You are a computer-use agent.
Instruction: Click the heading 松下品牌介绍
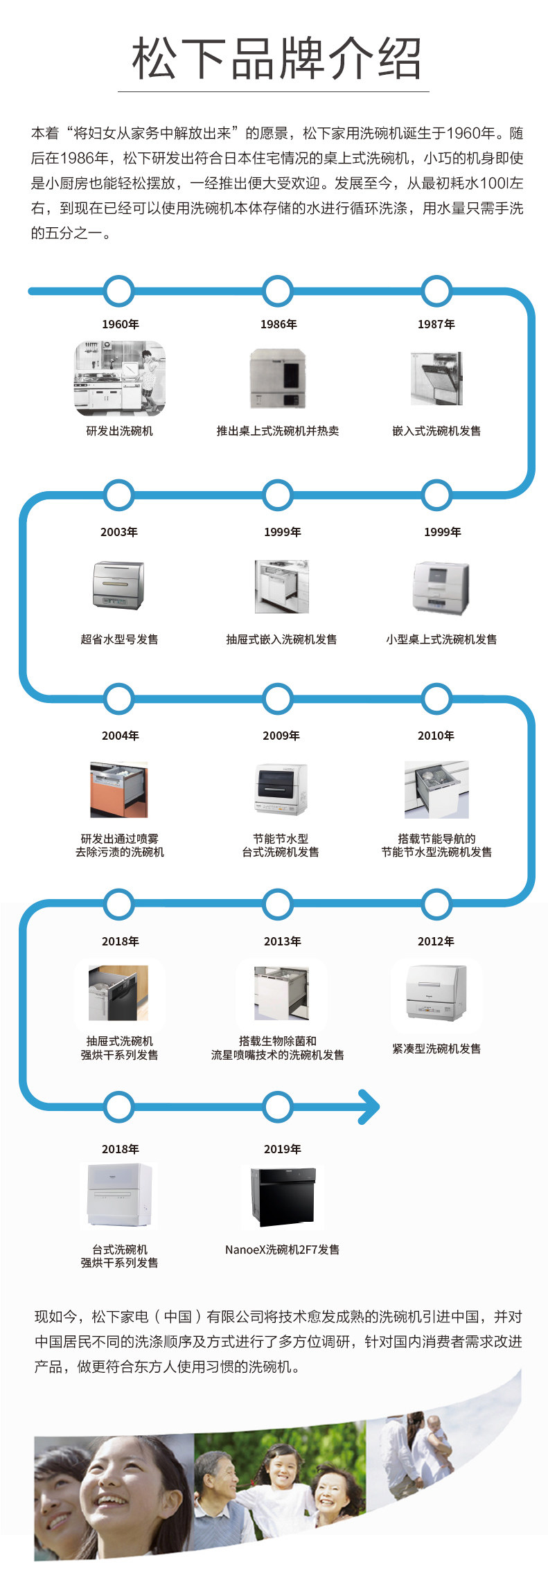(276, 58)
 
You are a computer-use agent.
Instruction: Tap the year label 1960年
(121, 324)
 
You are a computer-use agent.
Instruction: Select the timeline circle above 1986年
(278, 290)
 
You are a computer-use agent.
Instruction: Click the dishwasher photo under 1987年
(436, 378)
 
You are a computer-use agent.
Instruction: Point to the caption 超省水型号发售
(119, 639)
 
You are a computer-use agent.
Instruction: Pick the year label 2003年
(119, 532)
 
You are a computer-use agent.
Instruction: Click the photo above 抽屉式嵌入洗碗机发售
(281, 587)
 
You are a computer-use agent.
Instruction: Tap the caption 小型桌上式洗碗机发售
(441, 639)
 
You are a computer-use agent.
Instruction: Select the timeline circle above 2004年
(119, 699)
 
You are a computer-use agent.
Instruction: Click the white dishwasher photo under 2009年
(281, 789)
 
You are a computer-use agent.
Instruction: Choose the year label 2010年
(436, 736)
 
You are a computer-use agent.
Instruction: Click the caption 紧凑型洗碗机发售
(436, 1049)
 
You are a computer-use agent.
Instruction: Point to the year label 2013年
(283, 941)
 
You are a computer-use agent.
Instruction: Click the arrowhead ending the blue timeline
(369, 1106)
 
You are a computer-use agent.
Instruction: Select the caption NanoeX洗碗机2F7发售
(282, 1250)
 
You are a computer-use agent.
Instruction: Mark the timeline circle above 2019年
(278, 1106)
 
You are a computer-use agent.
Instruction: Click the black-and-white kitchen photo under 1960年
(120, 378)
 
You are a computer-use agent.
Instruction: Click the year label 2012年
(436, 941)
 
